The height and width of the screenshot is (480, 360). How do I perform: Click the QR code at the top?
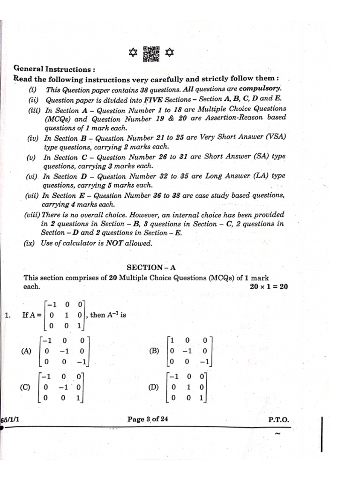click(151, 54)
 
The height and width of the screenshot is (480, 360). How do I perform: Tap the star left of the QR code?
click(133, 54)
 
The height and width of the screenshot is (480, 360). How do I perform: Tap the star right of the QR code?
click(169, 54)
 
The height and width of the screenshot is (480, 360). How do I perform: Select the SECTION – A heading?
click(151, 267)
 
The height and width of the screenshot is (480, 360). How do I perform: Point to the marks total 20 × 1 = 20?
click(269, 287)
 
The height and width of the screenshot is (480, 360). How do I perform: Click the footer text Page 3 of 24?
click(148, 420)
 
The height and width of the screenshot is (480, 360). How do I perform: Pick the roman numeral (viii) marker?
click(32, 215)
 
